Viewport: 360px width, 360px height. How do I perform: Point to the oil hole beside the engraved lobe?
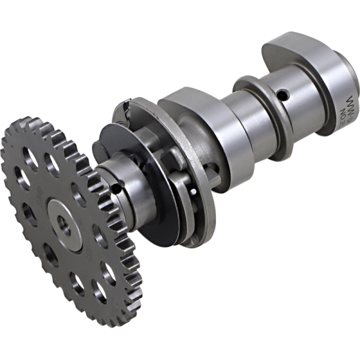point(283,94)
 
